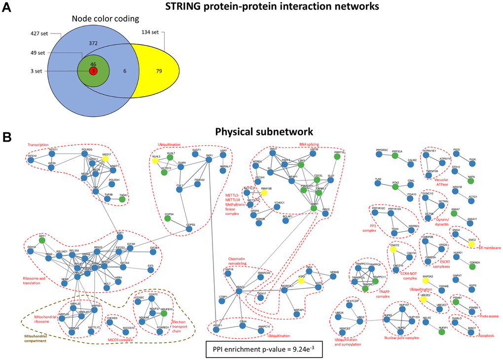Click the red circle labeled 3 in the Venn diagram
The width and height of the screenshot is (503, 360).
point(92,71)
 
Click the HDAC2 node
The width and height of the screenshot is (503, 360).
point(239,291)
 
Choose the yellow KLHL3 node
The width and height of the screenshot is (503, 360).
point(155,160)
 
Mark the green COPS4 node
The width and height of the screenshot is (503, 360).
point(168,218)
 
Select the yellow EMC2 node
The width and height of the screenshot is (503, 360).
point(471,244)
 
